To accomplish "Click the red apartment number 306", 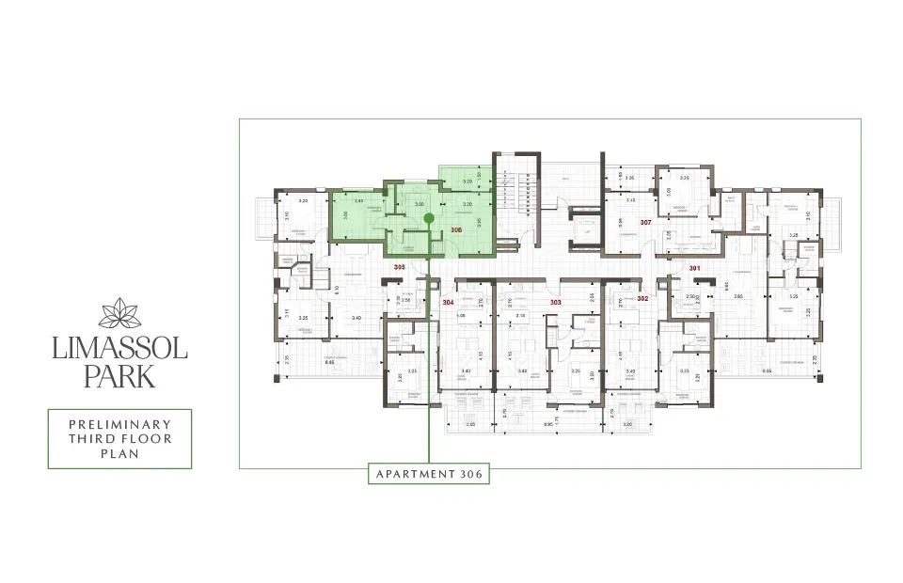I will [x=456, y=229].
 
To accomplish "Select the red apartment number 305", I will [x=399, y=268].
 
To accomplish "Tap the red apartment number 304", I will [x=449, y=302].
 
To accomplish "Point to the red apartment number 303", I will [x=555, y=302].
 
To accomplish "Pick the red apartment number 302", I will [x=643, y=298].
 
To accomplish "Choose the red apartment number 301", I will [x=695, y=268].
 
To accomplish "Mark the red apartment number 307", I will [x=645, y=223].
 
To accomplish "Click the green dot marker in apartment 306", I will [x=429, y=218].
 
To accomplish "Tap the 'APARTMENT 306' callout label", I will [x=429, y=474].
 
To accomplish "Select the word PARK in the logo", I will [x=119, y=378].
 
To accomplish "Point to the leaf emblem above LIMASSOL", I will [x=119, y=313].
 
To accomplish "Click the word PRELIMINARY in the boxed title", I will [x=119, y=425].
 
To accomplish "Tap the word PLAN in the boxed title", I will [x=119, y=453].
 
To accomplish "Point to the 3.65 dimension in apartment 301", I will [x=739, y=297].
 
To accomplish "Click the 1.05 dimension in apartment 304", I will [x=461, y=316].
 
